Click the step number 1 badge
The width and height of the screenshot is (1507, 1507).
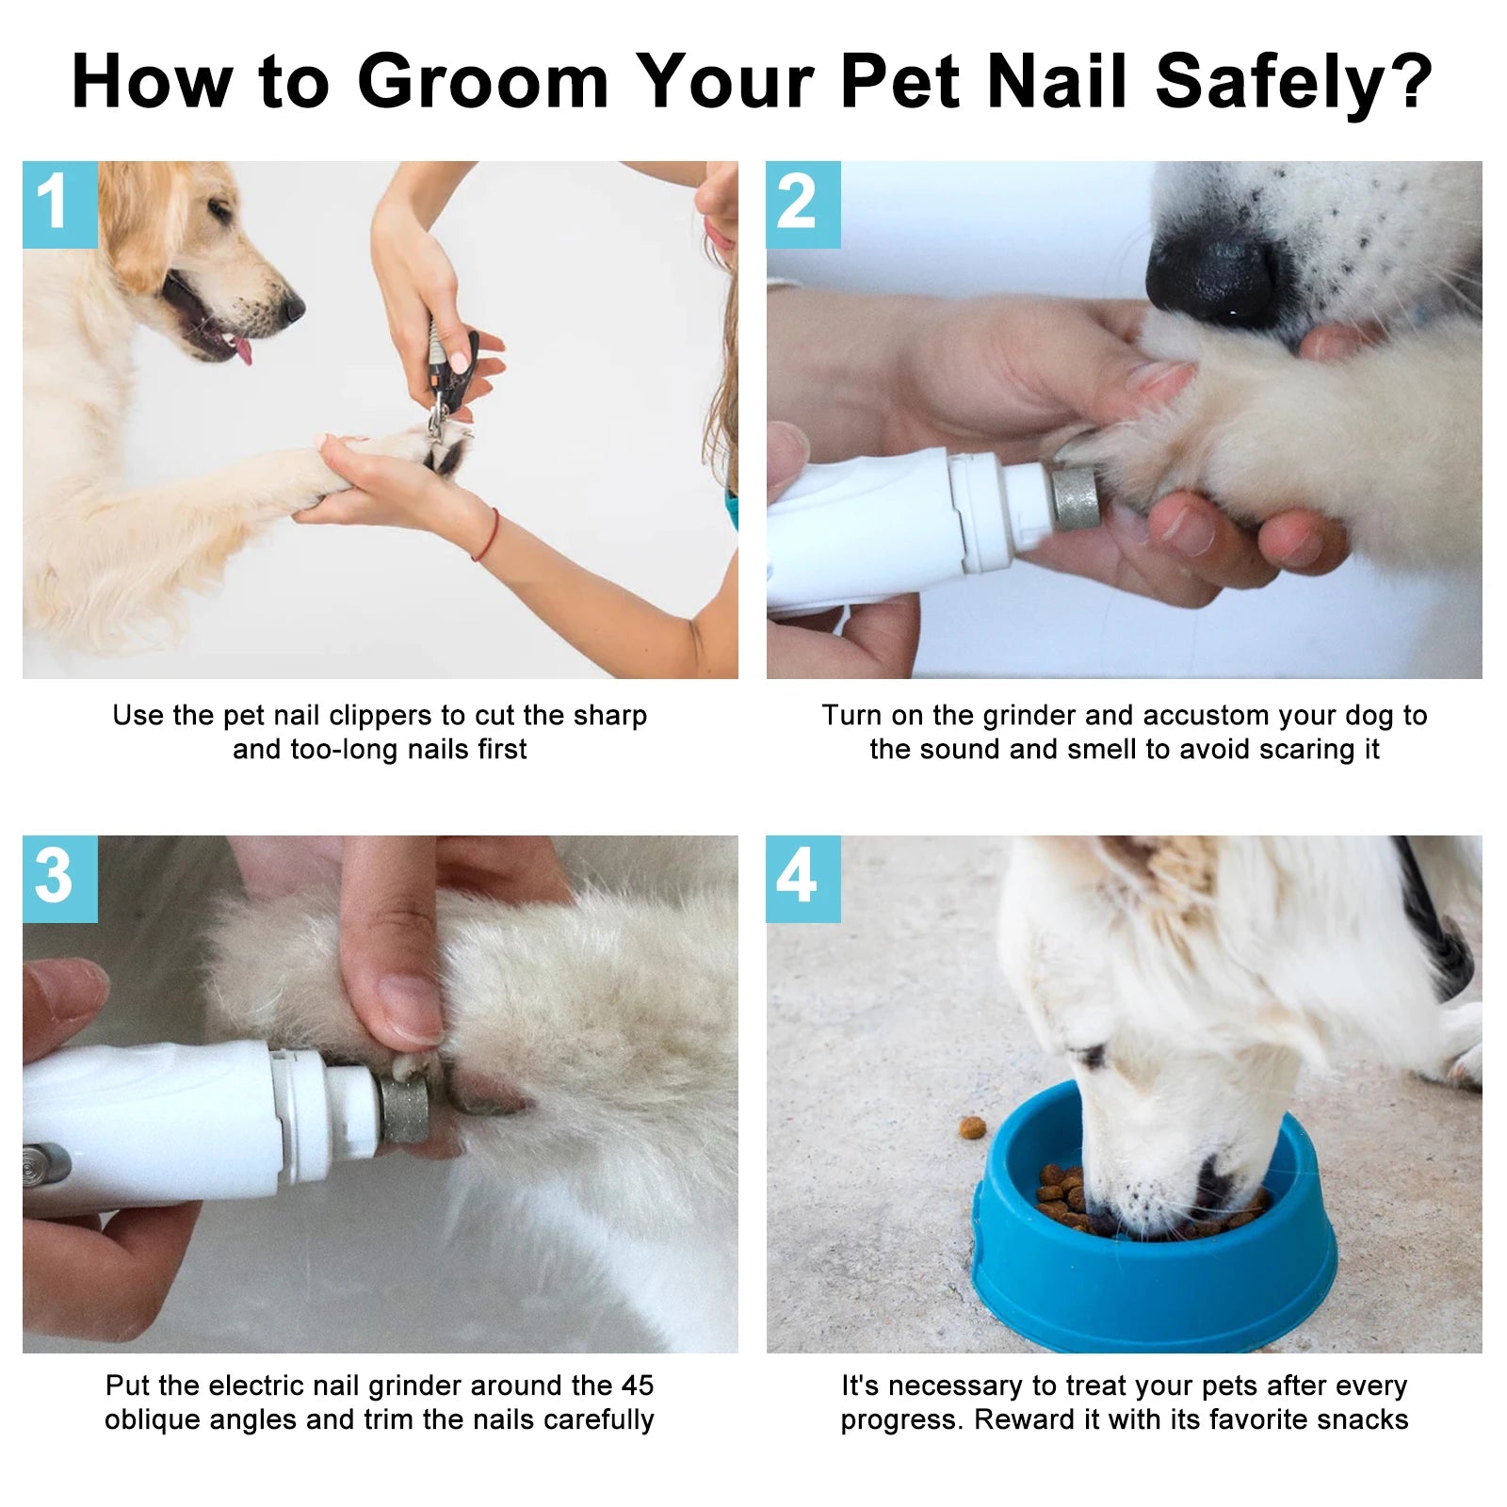coord(59,204)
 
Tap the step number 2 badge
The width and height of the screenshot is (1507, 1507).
coord(802,204)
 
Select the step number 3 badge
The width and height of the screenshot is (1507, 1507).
coord(59,878)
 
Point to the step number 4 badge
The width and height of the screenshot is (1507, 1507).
coord(802,878)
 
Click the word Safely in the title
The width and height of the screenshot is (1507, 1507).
coord(1292,83)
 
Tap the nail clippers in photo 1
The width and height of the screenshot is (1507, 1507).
coord(449,377)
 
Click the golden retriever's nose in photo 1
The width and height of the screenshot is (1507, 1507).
coord(294,306)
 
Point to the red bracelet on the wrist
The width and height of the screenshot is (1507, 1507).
coord(486,535)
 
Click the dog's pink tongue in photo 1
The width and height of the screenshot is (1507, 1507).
coord(244,351)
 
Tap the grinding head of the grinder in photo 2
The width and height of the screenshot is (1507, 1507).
coord(1075,497)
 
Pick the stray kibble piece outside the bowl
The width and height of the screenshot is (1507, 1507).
coord(972,1126)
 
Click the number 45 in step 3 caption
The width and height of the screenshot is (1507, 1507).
coord(637,1385)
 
